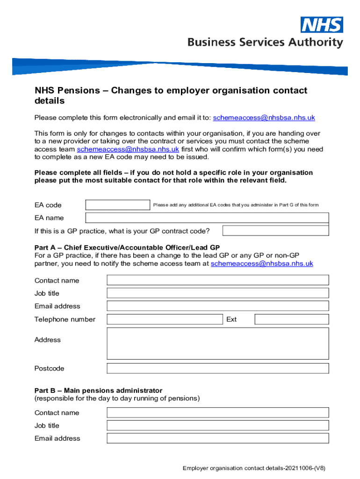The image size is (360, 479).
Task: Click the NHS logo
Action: point(322,25)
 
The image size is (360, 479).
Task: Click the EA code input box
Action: point(118,205)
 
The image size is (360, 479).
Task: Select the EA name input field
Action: point(207,218)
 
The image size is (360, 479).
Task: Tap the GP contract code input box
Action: point(275,231)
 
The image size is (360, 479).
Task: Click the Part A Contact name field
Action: point(218,280)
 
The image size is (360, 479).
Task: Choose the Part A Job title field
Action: point(218,293)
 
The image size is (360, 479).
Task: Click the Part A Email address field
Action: point(218,306)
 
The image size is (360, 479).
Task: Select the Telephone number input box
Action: point(165,319)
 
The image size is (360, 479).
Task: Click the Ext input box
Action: point(292,319)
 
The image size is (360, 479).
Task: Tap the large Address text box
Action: point(218,343)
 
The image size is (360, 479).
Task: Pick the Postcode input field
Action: point(218,369)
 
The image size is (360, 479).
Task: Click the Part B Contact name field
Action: point(218,413)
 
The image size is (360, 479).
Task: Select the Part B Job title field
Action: point(218,426)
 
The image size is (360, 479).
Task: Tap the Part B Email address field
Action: point(218,438)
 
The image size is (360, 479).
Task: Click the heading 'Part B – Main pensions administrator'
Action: point(98,390)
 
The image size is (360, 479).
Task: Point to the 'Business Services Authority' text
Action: point(265,43)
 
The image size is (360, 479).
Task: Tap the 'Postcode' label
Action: point(49,369)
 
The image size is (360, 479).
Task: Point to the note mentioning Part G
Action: point(236,205)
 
